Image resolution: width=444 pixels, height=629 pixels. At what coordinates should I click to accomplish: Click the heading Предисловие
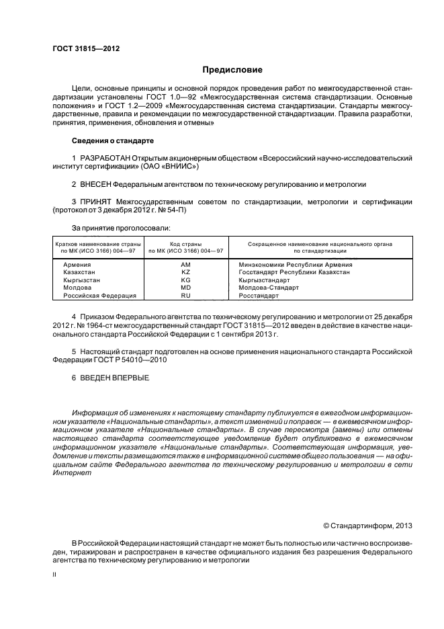(x=233, y=70)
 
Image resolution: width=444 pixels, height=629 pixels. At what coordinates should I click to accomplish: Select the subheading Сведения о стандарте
(x=112, y=141)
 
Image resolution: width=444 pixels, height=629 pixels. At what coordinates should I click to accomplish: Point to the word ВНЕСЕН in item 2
(x=95, y=183)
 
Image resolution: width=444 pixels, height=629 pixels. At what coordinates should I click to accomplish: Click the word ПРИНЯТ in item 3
(x=96, y=202)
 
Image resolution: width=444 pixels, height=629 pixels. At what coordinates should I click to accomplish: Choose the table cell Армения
(x=78, y=265)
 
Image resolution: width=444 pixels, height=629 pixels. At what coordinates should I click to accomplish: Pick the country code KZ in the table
(x=186, y=272)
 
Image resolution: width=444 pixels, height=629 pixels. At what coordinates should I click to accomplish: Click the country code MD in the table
(x=186, y=288)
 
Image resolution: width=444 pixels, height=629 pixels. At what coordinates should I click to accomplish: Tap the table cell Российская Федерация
(x=100, y=295)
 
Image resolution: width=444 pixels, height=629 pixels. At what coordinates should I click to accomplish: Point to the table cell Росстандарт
(x=259, y=295)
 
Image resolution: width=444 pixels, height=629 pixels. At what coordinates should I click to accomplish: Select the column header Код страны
(x=187, y=244)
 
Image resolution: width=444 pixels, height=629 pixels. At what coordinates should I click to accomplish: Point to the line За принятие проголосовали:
(x=116, y=228)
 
